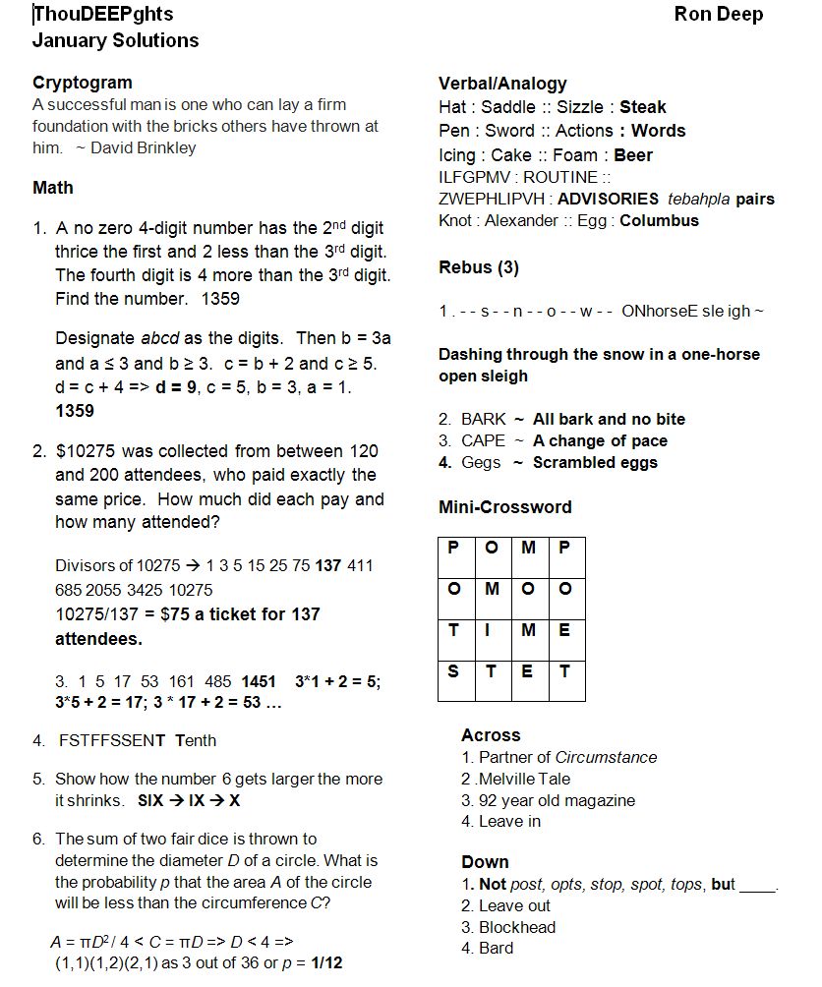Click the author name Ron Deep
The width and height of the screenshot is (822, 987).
tap(718, 14)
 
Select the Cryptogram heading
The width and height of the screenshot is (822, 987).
tap(82, 83)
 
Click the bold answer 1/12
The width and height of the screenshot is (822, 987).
tap(326, 962)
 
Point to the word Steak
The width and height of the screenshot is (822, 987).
tap(642, 107)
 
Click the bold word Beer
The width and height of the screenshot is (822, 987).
tap(633, 155)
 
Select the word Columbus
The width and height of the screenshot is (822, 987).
tap(659, 221)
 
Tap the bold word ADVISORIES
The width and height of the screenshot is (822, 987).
tap(608, 199)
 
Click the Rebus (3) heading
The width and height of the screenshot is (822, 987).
tap(479, 267)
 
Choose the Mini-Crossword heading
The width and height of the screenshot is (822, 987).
tap(504, 507)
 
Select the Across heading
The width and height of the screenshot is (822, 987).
tap(491, 735)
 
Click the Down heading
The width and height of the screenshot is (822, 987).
tap(485, 862)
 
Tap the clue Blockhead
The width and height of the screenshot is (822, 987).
tap(517, 927)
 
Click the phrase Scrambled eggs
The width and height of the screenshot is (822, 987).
tap(595, 463)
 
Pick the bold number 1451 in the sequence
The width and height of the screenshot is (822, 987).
tap(259, 682)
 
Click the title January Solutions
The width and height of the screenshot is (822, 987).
tap(115, 40)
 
